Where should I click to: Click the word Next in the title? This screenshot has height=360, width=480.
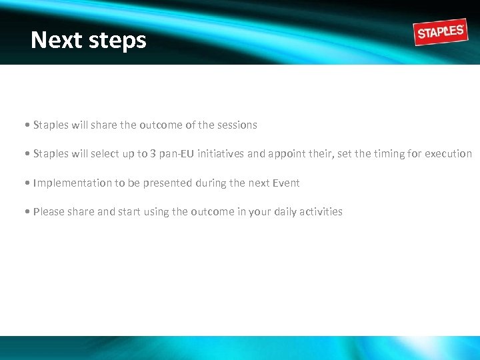coord(54,40)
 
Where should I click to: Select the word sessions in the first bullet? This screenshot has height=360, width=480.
coord(236,125)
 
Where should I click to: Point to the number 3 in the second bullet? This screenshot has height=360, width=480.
coord(153,154)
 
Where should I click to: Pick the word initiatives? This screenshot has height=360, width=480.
coord(220,154)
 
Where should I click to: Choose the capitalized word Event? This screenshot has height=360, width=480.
coord(285,183)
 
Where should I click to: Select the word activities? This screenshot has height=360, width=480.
coord(321,212)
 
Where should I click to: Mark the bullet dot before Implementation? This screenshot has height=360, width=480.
coord(26,183)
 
